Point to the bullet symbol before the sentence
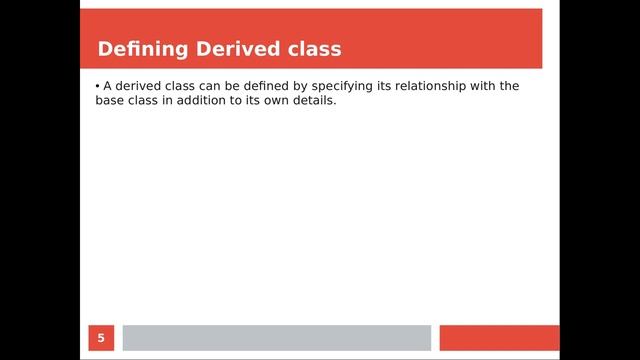tap(98, 86)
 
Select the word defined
tap(264, 86)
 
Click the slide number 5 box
tap(100, 338)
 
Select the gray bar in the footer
tap(276, 338)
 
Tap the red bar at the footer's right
tap(499, 338)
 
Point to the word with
tap(485, 86)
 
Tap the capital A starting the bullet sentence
tap(108, 86)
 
